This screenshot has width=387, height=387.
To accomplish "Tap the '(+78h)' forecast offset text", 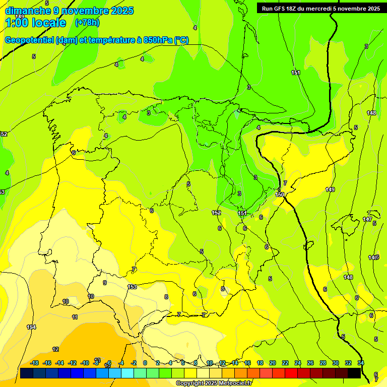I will pyautogui.click(x=87, y=23).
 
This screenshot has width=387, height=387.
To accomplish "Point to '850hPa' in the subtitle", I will pyautogui.click(x=157, y=40).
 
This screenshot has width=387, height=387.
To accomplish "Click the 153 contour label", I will pyautogui.click(x=132, y=287).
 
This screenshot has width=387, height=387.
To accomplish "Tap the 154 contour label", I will pyautogui.click(x=31, y=327).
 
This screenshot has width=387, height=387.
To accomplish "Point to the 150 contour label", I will pyautogui.click(x=280, y=195).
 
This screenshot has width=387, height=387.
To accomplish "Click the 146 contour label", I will pyautogui.click(x=373, y=257).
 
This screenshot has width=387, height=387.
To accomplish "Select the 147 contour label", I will pyautogui.click(x=368, y=220).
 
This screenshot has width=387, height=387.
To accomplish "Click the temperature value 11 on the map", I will pyautogui.click(x=75, y=317).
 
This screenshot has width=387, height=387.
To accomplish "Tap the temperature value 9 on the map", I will pyautogui.click(x=105, y=283).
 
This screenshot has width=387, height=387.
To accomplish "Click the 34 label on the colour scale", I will pyautogui.click(x=361, y=363).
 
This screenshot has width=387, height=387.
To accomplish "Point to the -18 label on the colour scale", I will pyautogui.click(x=34, y=363).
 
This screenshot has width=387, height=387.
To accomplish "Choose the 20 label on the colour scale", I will pyautogui.click(x=273, y=363).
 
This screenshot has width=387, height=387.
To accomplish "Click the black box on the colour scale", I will pyautogui.click(x=354, y=373).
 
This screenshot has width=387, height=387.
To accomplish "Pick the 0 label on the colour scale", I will pyautogui.click(x=145, y=363).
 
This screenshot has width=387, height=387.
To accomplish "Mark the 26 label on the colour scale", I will pyautogui.click(x=310, y=363).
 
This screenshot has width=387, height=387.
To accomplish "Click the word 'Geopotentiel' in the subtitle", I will pyautogui.click(x=28, y=40).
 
